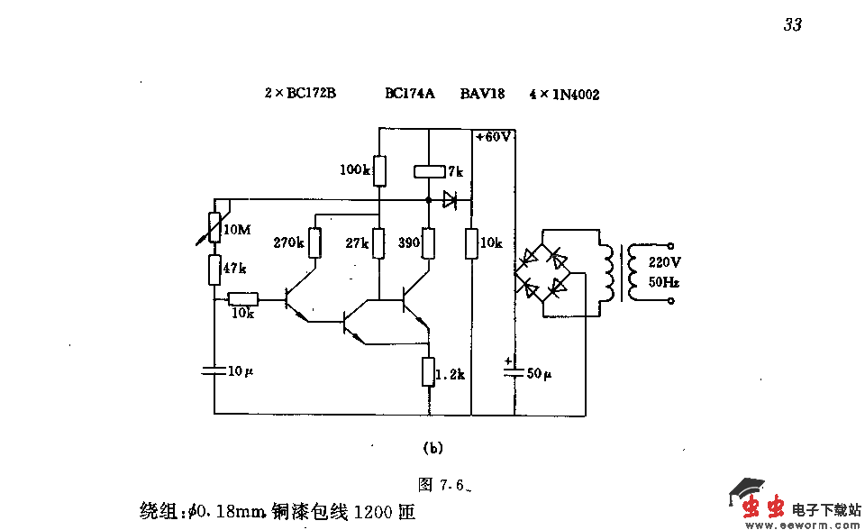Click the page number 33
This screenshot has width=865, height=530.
[792, 25]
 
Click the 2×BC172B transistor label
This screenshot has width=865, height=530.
[300, 93]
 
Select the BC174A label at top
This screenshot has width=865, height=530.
[410, 93]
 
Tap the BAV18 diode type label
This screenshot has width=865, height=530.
[482, 93]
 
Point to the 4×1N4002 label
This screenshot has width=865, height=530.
[564, 94]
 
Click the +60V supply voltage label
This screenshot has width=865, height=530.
[494, 137]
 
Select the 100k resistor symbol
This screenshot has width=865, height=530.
[379, 169]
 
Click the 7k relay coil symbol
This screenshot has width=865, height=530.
[429, 170]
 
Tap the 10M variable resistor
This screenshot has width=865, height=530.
[215, 227]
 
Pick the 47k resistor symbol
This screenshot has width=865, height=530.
[215, 268]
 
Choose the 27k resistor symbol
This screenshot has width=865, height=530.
[379, 242]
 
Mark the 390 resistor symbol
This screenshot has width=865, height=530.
[429, 242]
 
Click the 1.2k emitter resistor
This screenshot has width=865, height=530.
[429, 370]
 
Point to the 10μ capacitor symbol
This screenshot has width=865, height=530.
[215, 370]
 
